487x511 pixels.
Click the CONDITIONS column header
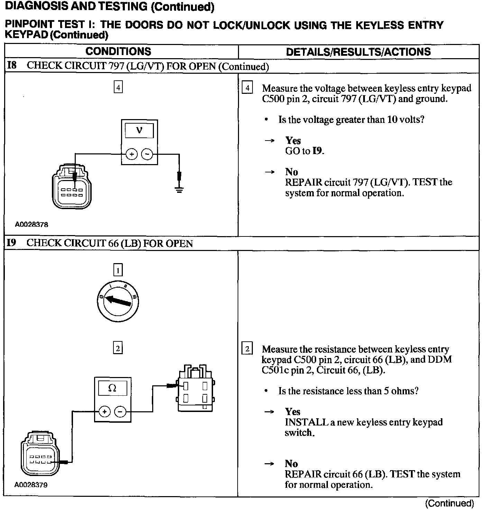118,52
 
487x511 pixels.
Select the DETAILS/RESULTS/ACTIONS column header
358,52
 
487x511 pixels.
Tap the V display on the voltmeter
139,131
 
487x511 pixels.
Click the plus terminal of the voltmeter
131,154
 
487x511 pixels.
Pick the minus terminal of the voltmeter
147,154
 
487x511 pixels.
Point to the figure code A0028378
31,224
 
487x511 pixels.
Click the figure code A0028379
31,485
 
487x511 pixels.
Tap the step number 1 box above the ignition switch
118,270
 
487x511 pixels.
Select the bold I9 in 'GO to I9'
318,151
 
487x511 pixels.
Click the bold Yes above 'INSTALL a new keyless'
293,412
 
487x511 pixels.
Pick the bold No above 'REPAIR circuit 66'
291,464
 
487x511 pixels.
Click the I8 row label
12,66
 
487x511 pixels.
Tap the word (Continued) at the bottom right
449,503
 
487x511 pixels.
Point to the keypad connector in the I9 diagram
40,454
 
